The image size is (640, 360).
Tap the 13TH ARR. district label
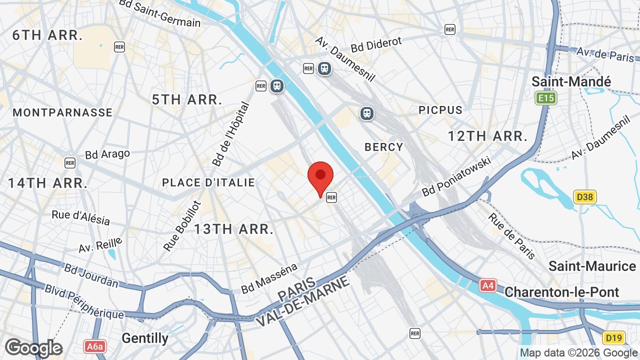(x=233, y=229)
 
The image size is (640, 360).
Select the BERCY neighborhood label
(x=383, y=147)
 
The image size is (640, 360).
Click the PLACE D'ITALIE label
(x=208, y=183)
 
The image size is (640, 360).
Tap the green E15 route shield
(x=545, y=98)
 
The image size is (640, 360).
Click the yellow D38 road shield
(x=584, y=197)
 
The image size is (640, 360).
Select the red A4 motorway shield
(x=488, y=285)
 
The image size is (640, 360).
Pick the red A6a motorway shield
(x=95, y=346)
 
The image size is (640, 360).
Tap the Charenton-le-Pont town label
(x=561, y=292)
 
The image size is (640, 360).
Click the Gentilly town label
(x=145, y=338)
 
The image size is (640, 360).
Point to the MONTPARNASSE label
(x=62, y=112)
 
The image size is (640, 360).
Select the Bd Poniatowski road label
(x=457, y=176)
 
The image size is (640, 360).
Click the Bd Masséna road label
(x=269, y=279)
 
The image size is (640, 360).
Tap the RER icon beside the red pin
(x=331, y=197)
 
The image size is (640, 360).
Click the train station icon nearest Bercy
(x=367, y=113)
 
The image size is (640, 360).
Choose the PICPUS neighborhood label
(x=440, y=110)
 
